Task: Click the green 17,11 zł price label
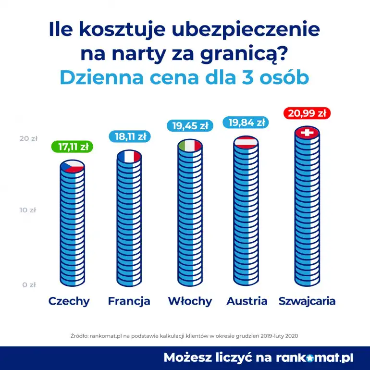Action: click(72, 147)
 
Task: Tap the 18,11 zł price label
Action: click(129, 136)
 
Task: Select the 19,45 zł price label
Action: click(189, 126)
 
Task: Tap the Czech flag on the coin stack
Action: click(73, 166)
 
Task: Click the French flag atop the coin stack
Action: click(129, 156)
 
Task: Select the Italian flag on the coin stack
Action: click(189, 145)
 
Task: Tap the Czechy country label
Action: click(69, 301)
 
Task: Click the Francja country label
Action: click(129, 301)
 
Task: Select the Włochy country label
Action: click(190, 301)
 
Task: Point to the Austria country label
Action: click(247, 301)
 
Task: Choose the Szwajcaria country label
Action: click(307, 301)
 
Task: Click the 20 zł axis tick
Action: click(28, 138)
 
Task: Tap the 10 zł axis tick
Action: click(28, 210)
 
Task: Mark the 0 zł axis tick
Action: click(29, 284)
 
